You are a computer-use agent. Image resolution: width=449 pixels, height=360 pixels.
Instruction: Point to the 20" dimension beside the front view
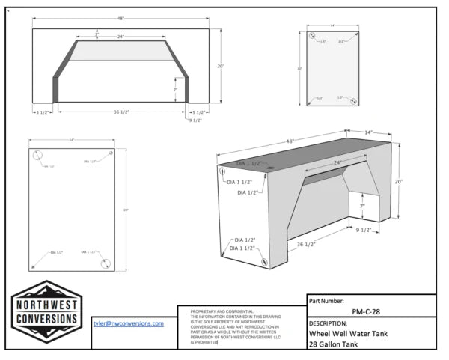(x=221, y=66)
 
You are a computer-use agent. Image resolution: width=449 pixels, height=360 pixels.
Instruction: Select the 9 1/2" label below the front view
(x=195, y=120)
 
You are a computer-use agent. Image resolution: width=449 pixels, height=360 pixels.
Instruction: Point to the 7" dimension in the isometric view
(x=361, y=205)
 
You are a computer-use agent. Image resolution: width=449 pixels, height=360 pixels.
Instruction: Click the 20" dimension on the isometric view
(x=399, y=181)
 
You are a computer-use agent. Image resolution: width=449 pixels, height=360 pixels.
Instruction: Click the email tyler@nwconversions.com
(x=127, y=323)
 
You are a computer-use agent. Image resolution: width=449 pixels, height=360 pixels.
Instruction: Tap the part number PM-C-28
(x=371, y=312)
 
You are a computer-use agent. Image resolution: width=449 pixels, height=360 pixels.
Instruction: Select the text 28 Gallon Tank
(x=334, y=344)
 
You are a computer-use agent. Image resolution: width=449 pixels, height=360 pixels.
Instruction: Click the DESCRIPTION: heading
(x=333, y=323)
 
